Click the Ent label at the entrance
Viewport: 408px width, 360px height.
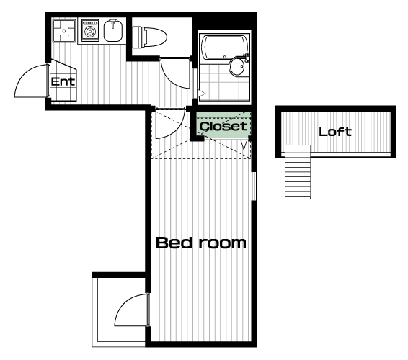click(63, 82)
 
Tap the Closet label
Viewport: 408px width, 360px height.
click(223, 126)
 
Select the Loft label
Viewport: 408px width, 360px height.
click(335, 132)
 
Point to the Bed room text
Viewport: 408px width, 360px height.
click(200, 243)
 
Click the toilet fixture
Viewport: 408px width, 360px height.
click(149, 37)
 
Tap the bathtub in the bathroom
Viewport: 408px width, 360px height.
click(225, 49)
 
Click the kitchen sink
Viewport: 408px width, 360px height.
click(113, 31)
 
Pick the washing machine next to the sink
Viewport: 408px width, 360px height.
click(90, 31)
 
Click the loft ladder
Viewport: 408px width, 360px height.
click(298, 172)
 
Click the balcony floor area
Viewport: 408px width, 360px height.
click(119, 312)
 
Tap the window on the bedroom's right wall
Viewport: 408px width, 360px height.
click(254, 186)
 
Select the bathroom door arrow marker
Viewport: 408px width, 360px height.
click(202, 94)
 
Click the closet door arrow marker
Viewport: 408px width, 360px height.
click(244, 145)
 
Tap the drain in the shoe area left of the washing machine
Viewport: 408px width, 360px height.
click(64, 31)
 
